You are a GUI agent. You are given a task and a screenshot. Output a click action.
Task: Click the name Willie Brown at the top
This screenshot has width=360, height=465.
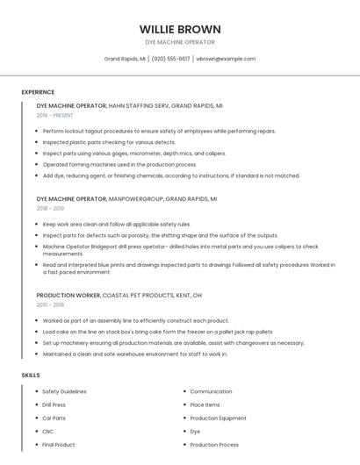(x=179, y=29)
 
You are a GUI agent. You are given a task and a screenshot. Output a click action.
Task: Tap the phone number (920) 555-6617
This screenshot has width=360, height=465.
(x=170, y=59)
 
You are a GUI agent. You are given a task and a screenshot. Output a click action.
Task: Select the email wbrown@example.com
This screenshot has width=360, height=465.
(x=226, y=59)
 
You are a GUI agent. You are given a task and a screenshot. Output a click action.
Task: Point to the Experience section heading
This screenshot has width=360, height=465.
(x=38, y=92)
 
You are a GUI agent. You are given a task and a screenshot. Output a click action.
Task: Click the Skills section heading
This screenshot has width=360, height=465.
(x=31, y=375)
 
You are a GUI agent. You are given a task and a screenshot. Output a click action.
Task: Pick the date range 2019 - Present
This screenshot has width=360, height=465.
(x=55, y=115)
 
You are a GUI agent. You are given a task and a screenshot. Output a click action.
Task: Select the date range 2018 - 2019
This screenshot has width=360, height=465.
(x=50, y=209)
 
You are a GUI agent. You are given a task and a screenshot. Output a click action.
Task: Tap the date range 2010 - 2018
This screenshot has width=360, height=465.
(x=50, y=304)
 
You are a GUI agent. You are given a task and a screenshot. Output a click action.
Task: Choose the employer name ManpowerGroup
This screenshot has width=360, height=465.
(x=135, y=199)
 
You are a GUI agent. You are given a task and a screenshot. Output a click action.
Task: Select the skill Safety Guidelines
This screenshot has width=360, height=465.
(x=64, y=391)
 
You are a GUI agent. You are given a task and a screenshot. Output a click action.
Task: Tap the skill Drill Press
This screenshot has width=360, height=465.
(x=54, y=404)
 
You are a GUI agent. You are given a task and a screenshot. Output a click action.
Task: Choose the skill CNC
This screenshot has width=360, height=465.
(x=48, y=431)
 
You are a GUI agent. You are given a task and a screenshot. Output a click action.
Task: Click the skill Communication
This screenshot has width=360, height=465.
(x=211, y=391)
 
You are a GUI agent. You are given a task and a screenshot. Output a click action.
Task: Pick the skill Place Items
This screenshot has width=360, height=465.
(x=205, y=404)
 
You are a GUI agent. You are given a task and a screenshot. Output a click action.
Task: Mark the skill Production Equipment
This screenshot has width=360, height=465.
(x=218, y=418)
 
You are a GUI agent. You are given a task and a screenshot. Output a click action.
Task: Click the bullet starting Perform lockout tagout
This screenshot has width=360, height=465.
(x=158, y=131)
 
